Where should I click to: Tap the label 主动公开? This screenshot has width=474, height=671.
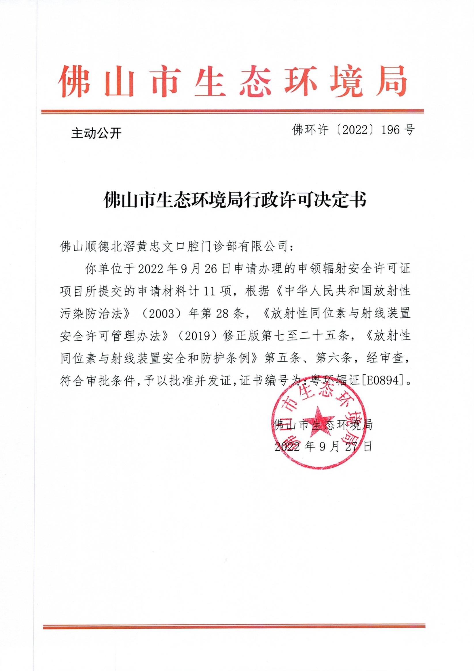(96, 134)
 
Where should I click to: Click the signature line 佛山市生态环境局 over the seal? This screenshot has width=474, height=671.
(324, 425)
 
